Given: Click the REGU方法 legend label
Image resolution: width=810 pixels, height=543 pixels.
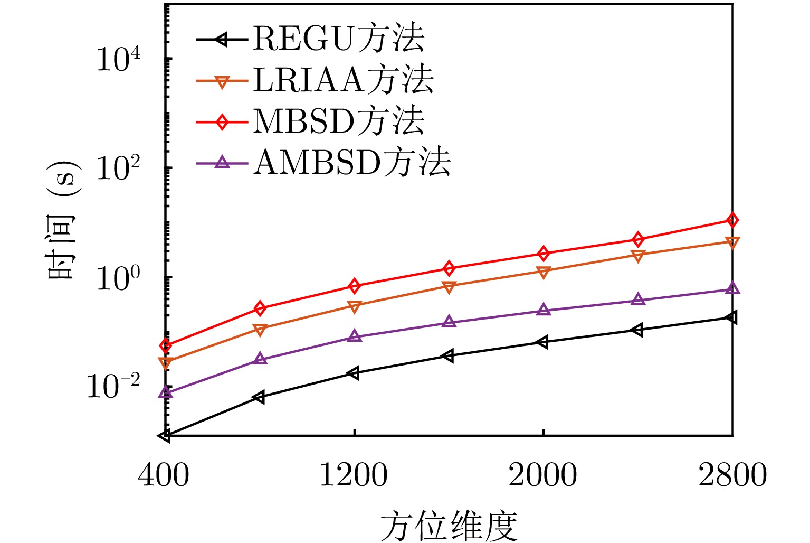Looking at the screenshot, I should coord(338,39).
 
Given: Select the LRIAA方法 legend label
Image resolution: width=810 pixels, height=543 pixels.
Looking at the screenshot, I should coord(343,80).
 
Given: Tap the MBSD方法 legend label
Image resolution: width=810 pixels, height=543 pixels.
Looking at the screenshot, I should coord(338,121).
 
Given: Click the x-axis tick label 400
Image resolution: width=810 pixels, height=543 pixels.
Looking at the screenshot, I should coord(164,475).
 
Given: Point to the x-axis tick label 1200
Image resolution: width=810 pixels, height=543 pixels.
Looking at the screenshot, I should coord(354,475).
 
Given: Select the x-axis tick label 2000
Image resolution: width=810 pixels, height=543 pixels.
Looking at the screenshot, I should coord(543,475).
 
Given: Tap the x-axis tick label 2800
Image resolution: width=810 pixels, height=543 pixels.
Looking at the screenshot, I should coord(732,475).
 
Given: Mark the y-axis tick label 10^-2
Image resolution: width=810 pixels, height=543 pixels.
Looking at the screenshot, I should coord(113,388).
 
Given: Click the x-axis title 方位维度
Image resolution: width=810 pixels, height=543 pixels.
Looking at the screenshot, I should coord(449,526).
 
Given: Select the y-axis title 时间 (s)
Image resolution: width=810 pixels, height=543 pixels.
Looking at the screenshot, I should coord(63,221).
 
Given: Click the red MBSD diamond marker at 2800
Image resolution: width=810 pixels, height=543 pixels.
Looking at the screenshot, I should coord(732,220).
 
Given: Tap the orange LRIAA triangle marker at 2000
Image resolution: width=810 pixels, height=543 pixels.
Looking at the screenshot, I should coord(543,272).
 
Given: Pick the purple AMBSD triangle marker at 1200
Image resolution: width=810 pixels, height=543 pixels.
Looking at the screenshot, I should coord(355,336).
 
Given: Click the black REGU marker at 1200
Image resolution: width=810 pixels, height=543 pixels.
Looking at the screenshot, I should coord(354,373).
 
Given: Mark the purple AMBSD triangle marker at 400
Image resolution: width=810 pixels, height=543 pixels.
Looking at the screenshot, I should coord(166,392).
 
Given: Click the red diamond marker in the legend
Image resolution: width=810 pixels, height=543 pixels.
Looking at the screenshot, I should coord(222,122).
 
